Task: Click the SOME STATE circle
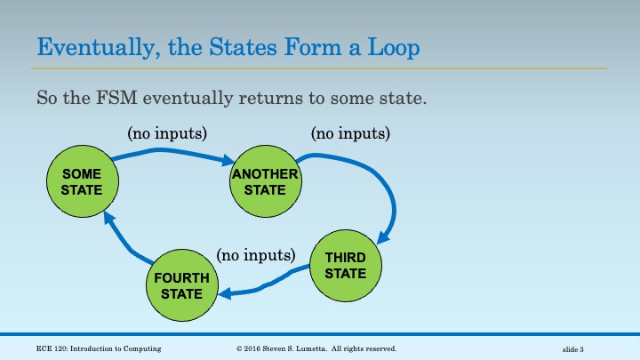pyautogui.click(x=83, y=181)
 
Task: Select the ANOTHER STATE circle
pyautogui.click(x=266, y=181)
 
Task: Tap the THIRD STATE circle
pyautogui.click(x=346, y=266)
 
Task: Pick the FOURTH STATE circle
pyautogui.click(x=182, y=285)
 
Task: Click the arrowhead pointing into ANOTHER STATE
pyautogui.click(x=228, y=160)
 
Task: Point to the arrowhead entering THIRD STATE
pyautogui.click(x=383, y=237)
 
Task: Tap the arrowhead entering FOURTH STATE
pyautogui.click(x=225, y=293)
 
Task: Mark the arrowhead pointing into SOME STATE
pyautogui.click(x=108, y=218)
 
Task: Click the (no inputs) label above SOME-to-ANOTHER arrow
pyautogui.click(x=167, y=133)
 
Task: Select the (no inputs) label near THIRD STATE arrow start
pyautogui.click(x=350, y=133)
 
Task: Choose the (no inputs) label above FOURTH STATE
pyautogui.click(x=256, y=255)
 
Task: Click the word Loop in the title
pyautogui.click(x=394, y=47)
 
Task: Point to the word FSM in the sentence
pyautogui.click(x=116, y=98)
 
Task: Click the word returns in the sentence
pyautogui.click(x=270, y=98)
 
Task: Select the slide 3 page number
pyautogui.click(x=573, y=349)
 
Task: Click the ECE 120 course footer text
pyautogui.click(x=99, y=348)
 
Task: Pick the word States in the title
pyautogui.click(x=243, y=47)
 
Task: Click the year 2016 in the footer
pyautogui.click(x=252, y=348)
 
